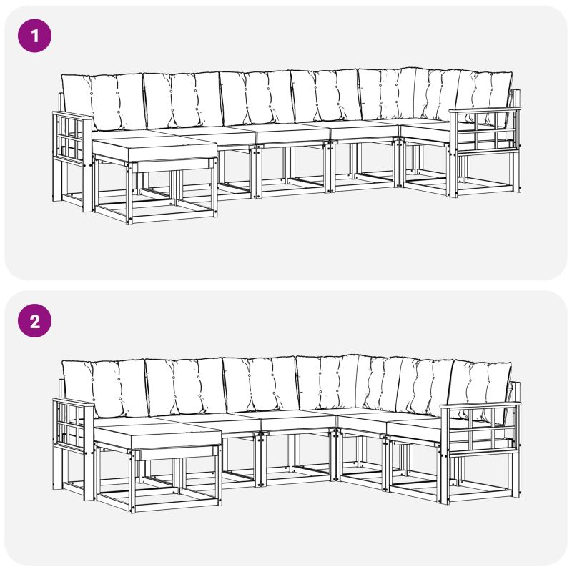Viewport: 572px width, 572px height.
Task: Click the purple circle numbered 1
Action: (x=34, y=36)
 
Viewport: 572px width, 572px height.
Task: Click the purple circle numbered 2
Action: (x=34, y=321)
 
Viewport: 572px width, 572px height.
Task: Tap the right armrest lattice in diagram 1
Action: (x=485, y=131)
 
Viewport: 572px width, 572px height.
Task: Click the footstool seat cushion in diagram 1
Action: (x=154, y=149)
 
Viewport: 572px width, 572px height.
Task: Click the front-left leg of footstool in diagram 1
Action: (x=129, y=193)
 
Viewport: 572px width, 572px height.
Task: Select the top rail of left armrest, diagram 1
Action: (x=71, y=116)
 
